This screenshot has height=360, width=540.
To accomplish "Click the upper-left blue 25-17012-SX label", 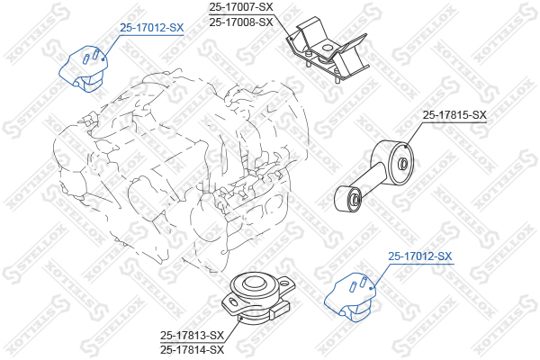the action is pos(152,28).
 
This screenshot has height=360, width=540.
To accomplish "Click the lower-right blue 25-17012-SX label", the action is pos(419,256).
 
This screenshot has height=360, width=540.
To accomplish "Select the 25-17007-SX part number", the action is pos(241,6).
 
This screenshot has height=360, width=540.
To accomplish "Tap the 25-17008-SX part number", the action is pos(241,22).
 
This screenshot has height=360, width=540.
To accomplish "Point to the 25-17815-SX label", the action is pos(454,114).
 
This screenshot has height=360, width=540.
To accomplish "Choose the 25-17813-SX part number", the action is pos(192,335).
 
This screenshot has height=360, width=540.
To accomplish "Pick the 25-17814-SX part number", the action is pos(192,350).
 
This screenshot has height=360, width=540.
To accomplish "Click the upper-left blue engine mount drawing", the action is pos(85,68).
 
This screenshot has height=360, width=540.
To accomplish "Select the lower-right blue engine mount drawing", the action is pos(350,297).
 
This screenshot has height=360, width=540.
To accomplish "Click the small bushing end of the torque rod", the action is pos(347,199).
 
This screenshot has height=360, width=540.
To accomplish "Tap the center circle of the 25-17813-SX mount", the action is pos(254,284).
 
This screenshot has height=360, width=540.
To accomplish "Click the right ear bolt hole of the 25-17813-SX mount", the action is pos(284,283).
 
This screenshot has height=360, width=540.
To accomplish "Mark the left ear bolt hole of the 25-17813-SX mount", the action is pos(233,302).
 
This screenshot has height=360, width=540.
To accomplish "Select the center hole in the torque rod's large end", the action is pos(402,164).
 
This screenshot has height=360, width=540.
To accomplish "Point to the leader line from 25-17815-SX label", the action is pos(415,134).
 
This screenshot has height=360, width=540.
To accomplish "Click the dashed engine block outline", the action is pos(179,169).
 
